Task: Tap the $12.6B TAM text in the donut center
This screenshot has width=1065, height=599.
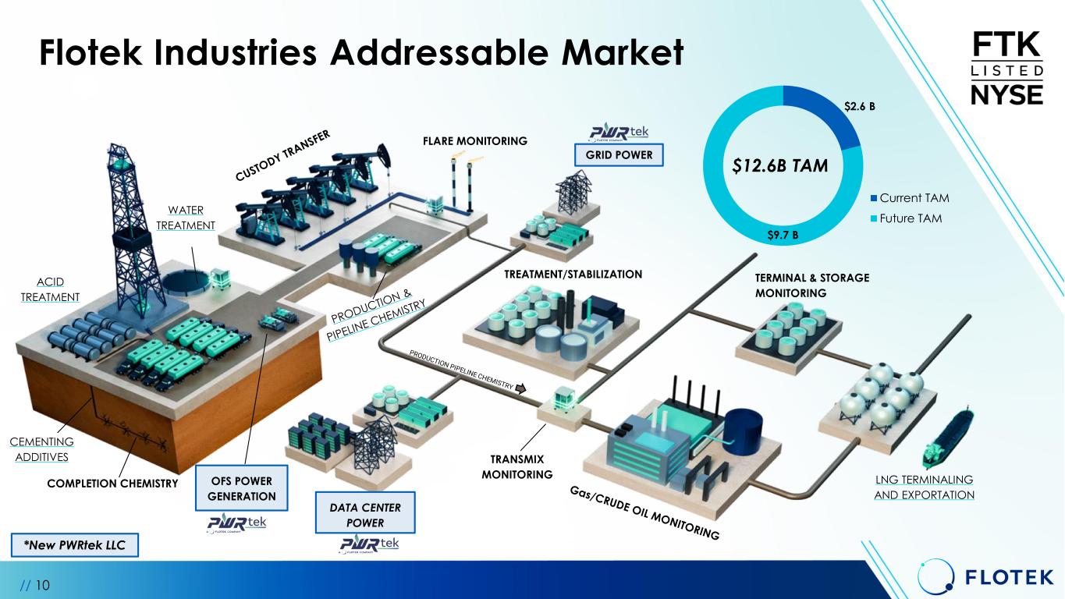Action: [783, 165]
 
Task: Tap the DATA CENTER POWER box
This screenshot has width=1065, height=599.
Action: [364, 515]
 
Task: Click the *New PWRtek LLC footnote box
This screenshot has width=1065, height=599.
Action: [76, 545]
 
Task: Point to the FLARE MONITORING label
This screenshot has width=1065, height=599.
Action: [474, 141]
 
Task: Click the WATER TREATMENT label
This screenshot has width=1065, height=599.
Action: [186, 218]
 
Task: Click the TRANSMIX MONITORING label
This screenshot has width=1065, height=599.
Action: [517, 466]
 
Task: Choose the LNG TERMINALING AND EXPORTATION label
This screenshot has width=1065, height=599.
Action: [924, 487]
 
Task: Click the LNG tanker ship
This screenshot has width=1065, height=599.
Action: [947, 436]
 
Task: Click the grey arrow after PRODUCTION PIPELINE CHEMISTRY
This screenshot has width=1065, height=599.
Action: [521, 388]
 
